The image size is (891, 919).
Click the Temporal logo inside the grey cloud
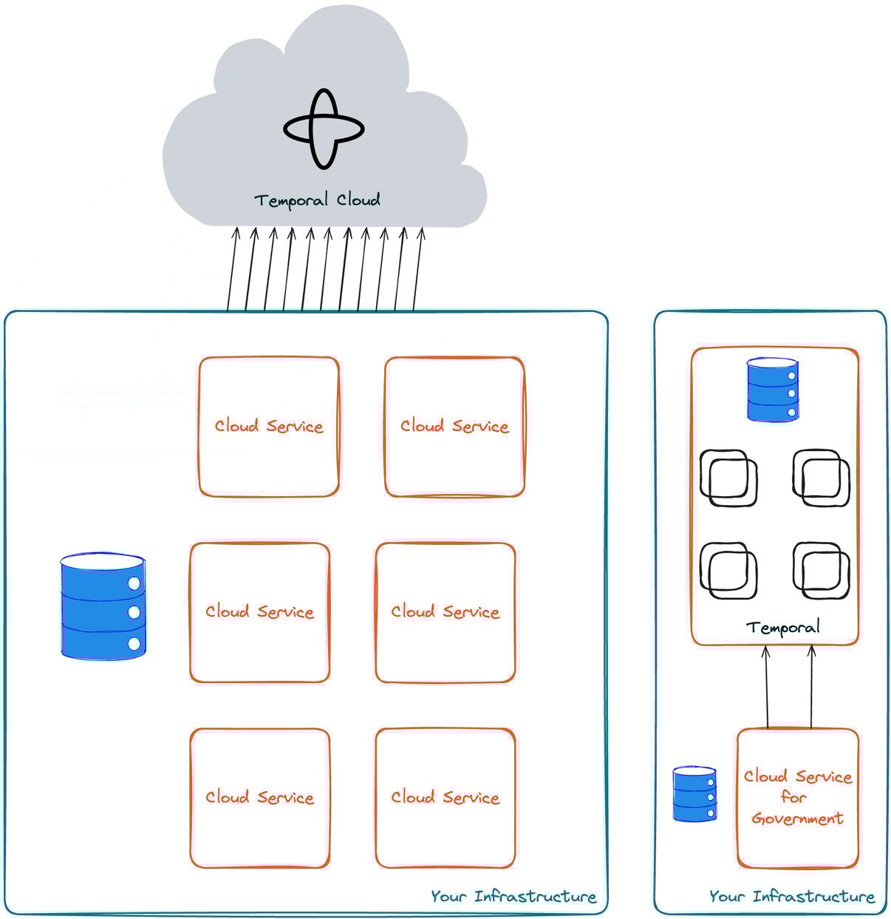click(x=324, y=129)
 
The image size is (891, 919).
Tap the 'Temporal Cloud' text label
click(x=317, y=200)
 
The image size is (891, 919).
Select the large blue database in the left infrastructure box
click(x=103, y=606)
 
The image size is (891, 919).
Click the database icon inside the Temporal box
click(x=772, y=390)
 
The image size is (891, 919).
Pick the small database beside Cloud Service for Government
click(x=694, y=794)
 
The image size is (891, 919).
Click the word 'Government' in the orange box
click(x=797, y=818)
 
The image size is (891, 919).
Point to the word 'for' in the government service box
click(x=793, y=797)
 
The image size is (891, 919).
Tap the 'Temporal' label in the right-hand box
click(x=782, y=628)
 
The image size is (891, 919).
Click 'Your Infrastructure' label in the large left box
click(x=513, y=896)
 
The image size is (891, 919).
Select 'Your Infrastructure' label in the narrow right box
click(x=792, y=896)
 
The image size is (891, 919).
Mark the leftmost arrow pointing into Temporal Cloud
click(x=232, y=270)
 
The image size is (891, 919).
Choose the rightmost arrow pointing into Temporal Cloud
click(x=417, y=270)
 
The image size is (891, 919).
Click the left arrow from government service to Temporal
click(x=766, y=687)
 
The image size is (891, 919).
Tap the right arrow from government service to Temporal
click(x=811, y=687)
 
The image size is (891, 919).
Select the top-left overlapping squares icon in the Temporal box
click(x=728, y=478)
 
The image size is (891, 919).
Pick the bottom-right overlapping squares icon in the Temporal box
click(x=821, y=571)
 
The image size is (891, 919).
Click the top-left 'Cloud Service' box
click(x=269, y=427)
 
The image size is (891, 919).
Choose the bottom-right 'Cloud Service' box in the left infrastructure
click(x=445, y=798)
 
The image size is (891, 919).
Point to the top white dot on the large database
click(x=134, y=583)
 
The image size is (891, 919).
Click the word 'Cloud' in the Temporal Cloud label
click(x=358, y=200)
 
